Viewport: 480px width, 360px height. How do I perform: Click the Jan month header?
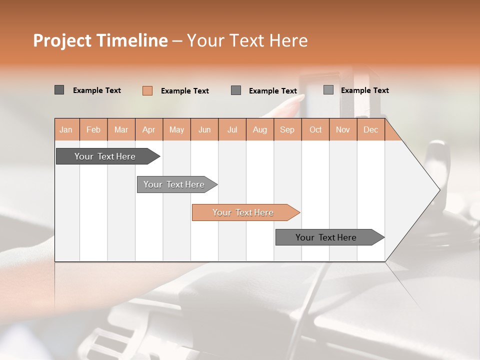pyautogui.click(x=66, y=129)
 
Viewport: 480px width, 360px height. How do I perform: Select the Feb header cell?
pyautogui.click(x=93, y=129)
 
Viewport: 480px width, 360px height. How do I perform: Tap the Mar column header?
pyautogui.click(x=121, y=129)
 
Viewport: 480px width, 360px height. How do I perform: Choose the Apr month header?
pyautogui.click(x=149, y=129)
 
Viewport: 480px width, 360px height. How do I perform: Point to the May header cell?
pyautogui.click(x=176, y=129)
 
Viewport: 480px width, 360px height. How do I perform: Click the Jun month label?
pyautogui.click(x=204, y=129)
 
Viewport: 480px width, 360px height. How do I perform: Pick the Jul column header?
pyautogui.click(x=232, y=129)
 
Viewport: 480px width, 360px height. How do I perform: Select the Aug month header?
pyautogui.click(x=260, y=129)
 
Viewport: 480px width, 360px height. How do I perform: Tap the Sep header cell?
pyautogui.click(x=287, y=129)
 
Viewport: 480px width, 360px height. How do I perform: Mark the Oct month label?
pyautogui.click(x=315, y=129)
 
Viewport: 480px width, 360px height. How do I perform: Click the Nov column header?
pyautogui.click(x=343, y=129)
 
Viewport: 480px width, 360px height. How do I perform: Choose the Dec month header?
pyautogui.click(x=371, y=129)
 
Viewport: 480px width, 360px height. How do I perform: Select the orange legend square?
pyautogui.click(x=147, y=90)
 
